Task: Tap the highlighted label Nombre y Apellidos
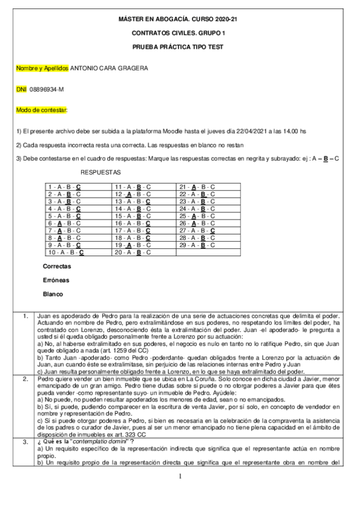tap(43, 68)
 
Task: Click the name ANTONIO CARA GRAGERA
tap(109, 68)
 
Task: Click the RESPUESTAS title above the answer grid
tap(100, 172)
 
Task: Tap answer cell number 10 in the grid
tap(66, 253)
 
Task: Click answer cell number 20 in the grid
tap(132, 253)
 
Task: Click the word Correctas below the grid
tap(57, 266)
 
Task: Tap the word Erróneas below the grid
tap(56, 280)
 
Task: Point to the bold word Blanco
tap(53, 295)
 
